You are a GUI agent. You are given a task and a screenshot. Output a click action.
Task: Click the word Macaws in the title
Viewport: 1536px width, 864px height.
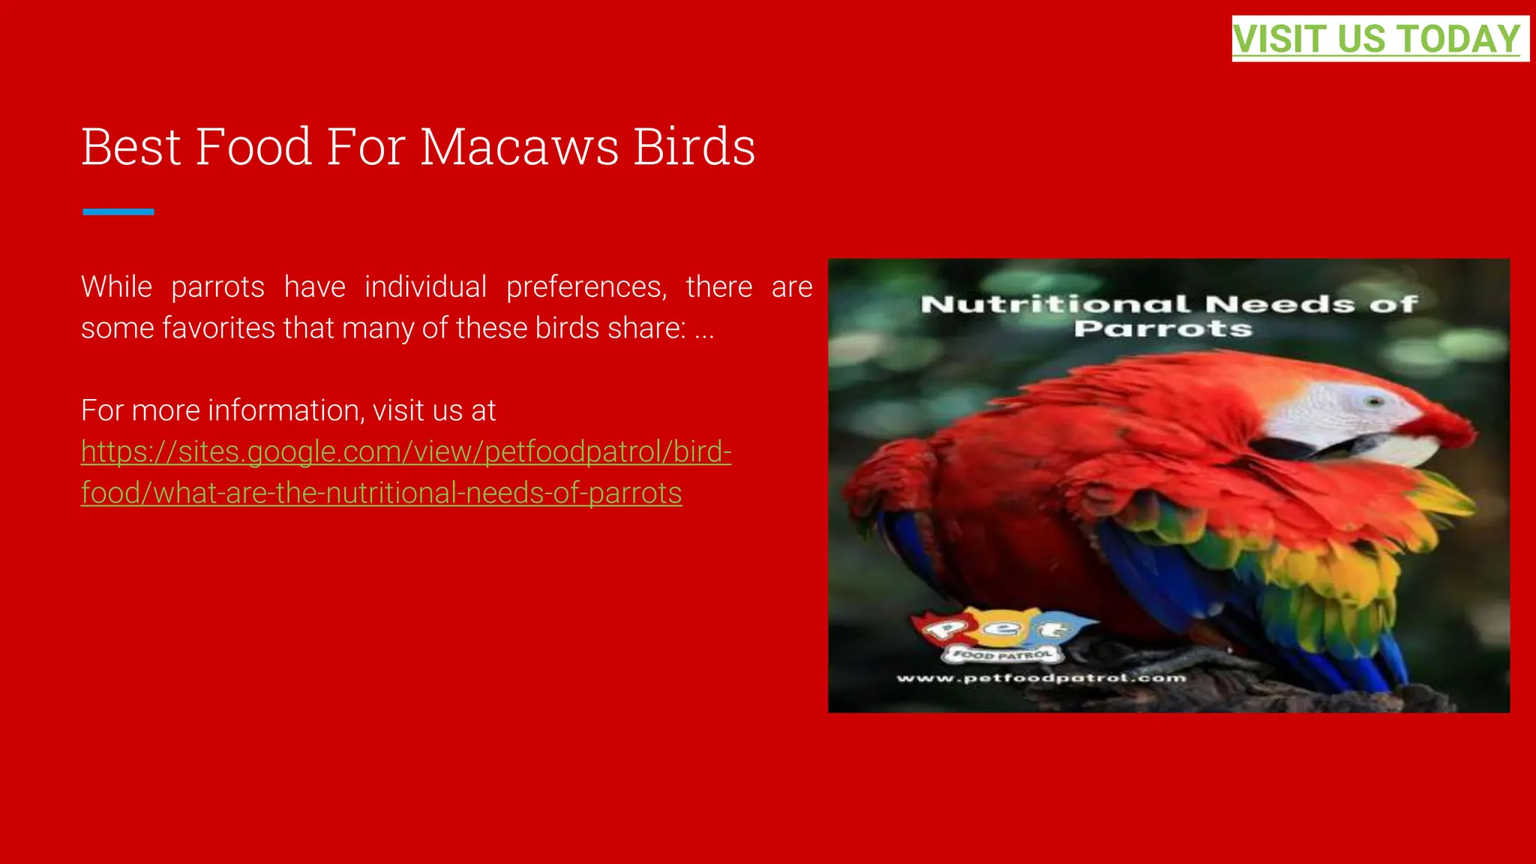[519, 147]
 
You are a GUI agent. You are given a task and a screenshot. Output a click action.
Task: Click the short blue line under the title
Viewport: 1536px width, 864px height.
[118, 212]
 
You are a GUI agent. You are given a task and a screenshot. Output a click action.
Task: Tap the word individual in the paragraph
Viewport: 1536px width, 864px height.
[425, 287]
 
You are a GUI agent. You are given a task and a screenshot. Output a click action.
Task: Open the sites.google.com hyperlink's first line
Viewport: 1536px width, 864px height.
[406, 452]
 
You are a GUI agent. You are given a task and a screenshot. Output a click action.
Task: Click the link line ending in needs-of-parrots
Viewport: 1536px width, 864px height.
[381, 493]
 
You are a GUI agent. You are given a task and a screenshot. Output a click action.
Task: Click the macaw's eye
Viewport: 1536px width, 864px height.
[1374, 401]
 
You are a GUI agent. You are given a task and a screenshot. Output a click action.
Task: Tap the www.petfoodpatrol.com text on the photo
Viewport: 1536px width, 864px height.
[1041, 679]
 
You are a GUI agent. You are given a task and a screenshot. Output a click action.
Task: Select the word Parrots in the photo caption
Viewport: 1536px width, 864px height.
[1162, 328]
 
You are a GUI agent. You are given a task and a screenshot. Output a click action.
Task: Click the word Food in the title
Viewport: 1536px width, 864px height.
[253, 147]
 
